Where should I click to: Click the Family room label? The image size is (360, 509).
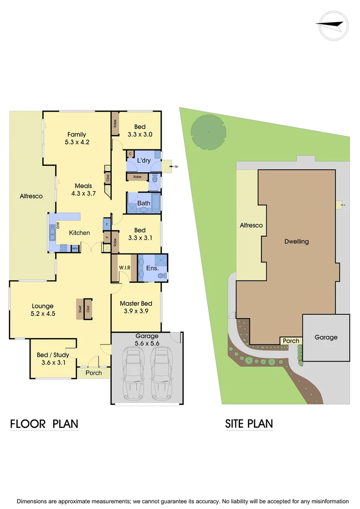coord(76,135)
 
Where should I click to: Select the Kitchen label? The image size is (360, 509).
coord(79,233)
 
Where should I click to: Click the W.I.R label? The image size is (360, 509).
coord(124,268)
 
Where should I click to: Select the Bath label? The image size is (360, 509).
coord(144,203)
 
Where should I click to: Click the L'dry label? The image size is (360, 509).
coord(144,161)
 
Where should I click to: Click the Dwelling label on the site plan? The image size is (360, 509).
coord(296,242)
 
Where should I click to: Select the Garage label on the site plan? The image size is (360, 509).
coord(326,337)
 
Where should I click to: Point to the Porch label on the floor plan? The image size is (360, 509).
coord(93,373)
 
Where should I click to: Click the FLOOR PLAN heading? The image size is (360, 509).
coord(44,424)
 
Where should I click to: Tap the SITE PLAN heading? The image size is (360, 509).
coord(249,424)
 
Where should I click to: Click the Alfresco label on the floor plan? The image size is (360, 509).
coord(31,196)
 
